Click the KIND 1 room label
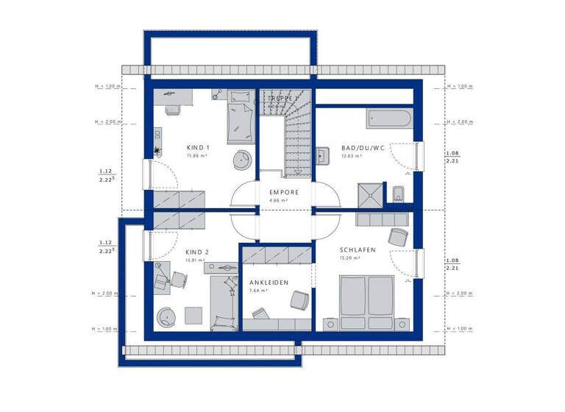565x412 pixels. pyautogui.click(x=199, y=148)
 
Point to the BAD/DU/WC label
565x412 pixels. pyautogui.click(x=363, y=148)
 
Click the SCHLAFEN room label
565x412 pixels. pyautogui.click(x=358, y=250)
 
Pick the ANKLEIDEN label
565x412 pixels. pyautogui.click(x=269, y=283)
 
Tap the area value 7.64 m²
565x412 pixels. pyautogui.click(x=258, y=291)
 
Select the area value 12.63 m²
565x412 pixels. pyautogui.click(x=353, y=156)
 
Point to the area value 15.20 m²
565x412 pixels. pyautogui.click(x=350, y=258)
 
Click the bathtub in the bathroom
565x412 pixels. pyautogui.click(x=388, y=117)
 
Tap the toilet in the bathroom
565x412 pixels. pyautogui.click(x=399, y=193)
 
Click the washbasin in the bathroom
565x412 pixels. pyautogui.click(x=322, y=155)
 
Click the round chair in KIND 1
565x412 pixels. pyautogui.click(x=241, y=161)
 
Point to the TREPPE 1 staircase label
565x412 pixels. pyautogui.click(x=284, y=98)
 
